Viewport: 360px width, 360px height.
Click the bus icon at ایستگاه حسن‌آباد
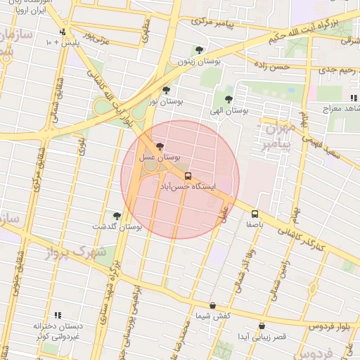pyautogui.click(x=188, y=176)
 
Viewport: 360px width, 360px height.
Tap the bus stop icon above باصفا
pyautogui.click(x=255, y=214)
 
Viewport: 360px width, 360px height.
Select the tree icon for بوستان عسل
pyautogui.click(x=161, y=146)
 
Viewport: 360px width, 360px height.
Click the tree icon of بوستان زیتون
pyautogui.click(x=199, y=50)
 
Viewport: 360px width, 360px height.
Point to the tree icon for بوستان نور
pyautogui.click(x=166, y=90)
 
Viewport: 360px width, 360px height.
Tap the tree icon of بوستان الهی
pyautogui.click(x=228, y=99)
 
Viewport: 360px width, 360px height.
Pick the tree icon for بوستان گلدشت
pyautogui.click(x=117, y=216)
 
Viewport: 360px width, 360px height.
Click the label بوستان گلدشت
pyautogui.click(x=117, y=227)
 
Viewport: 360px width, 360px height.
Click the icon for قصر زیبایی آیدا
pyautogui.click(x=262, y=326)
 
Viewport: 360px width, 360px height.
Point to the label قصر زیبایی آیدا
pyautogui.click(x=262, y=337)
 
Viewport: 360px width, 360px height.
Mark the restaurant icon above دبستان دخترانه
pyautogui.click(x=58, y=315)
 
